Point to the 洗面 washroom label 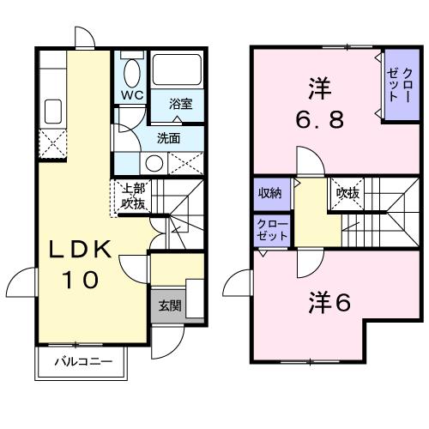tap(168, 136)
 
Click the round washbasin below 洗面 tap(154, 163)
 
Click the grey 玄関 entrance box tap(168, 305)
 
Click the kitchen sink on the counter tap(52, 112)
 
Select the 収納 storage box tap(270, 194)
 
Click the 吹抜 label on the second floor tap(347, 193)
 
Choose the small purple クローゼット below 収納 tap(272, 230)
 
